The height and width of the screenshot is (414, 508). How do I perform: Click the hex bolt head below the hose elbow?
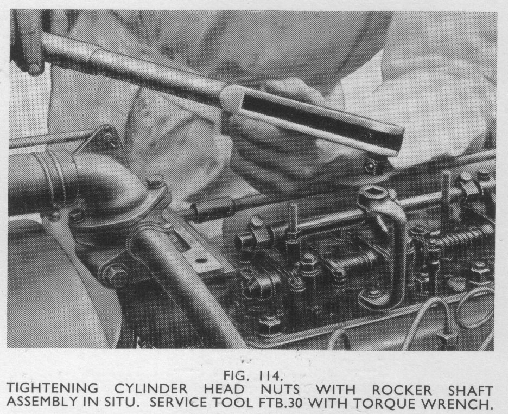pos(115,275)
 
